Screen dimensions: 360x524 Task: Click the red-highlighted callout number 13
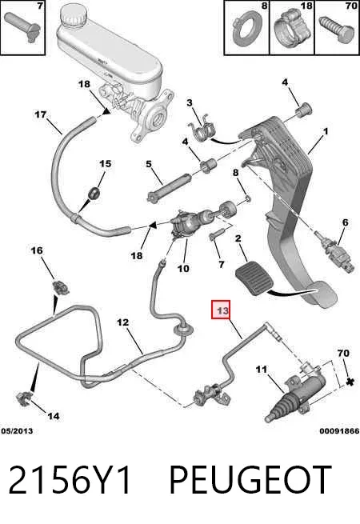[222, 310]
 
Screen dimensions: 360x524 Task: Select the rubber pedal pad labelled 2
[254, 278]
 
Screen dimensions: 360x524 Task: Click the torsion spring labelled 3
[202, 130]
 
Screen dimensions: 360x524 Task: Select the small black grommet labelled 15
[94, 193]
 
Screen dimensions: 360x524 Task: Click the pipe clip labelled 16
[61, 287]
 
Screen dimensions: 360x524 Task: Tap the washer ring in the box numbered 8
[246, 30]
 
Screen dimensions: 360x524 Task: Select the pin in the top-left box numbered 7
[22, 27]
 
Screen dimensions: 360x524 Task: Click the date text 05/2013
[17, 431]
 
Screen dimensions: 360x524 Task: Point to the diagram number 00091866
[339, 431]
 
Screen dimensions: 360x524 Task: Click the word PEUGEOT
[250, 480]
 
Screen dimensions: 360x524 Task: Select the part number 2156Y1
[70, 480]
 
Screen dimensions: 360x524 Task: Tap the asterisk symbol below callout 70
[350, 382]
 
